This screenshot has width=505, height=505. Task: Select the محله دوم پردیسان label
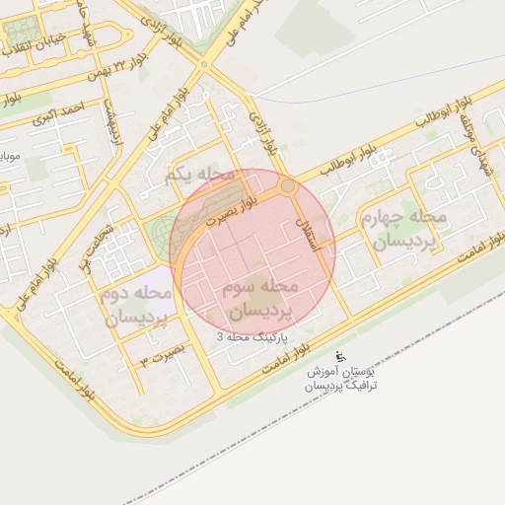135,306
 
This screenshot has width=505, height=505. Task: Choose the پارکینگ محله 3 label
253,337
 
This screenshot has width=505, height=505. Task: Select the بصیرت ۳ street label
162,352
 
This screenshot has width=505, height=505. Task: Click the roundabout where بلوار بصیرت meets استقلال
287,185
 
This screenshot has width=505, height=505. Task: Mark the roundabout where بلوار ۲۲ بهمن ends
204,65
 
